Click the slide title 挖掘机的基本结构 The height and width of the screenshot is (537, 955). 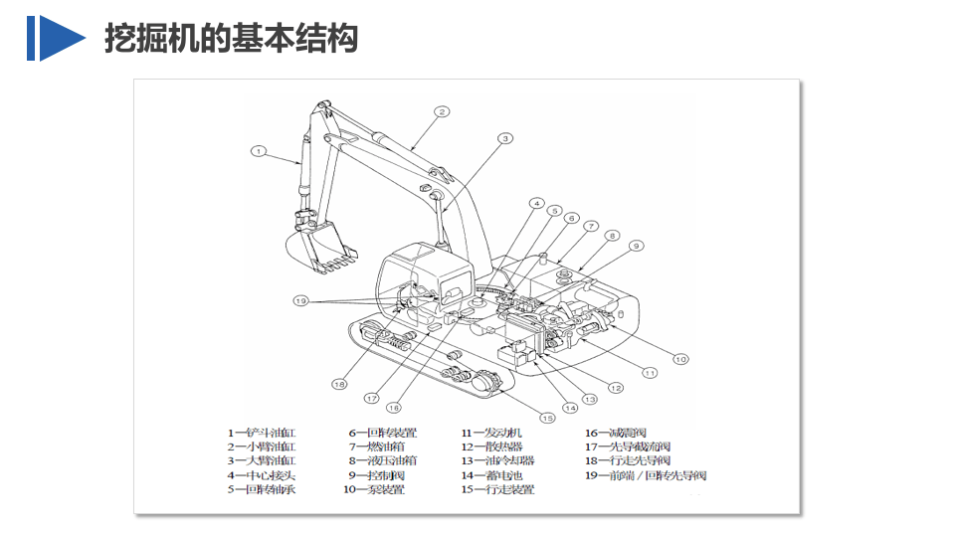pyautogui.click(x=231, y=39)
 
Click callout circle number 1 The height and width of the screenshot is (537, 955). pyautogui.click(x=259, y=152)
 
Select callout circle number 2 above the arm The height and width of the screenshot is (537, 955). pyautogui.click(x=442, y=112)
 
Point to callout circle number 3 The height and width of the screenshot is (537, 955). pyautogui.click(x=505, y=138)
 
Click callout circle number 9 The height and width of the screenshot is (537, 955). pyautogui.click(x=637, y=246)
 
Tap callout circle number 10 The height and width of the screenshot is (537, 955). pyautogui.click(x=680, y=359)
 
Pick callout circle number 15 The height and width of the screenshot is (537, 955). pyautogui.click(x=547, y=417)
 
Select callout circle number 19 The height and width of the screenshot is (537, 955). pyautogui.click(x=301, y=299)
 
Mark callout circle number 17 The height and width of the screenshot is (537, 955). pyautogui.click(x=372, y=398)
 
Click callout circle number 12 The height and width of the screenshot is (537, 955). pyautogui.click(x=616, y=388)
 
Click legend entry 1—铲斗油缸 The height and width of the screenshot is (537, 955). pyautogui.click(x=263, y=433)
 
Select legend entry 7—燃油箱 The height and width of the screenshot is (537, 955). pyautogui.click(x=382, y=447)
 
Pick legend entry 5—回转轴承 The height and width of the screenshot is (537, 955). pyautogui.click(x=263, y=489)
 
